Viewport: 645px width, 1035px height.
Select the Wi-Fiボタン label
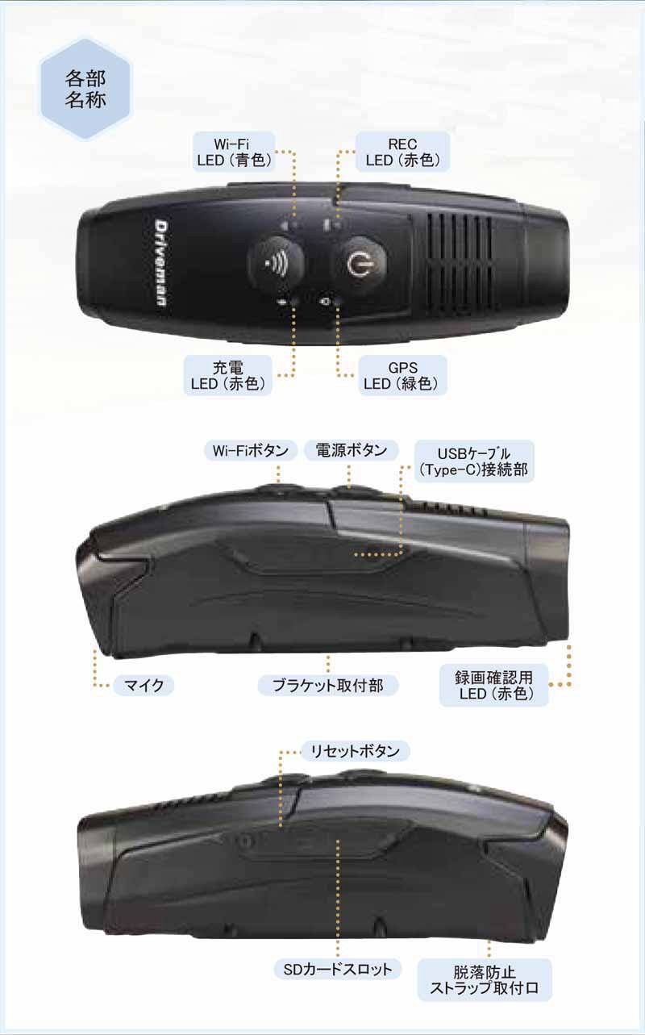coord(250,450)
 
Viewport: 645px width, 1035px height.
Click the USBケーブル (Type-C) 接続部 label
coord(472,461)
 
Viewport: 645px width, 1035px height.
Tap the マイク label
coord(143,686)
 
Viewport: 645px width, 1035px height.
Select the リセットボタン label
coord(355,752)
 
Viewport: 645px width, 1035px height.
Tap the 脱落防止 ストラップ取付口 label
coord(484,979)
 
